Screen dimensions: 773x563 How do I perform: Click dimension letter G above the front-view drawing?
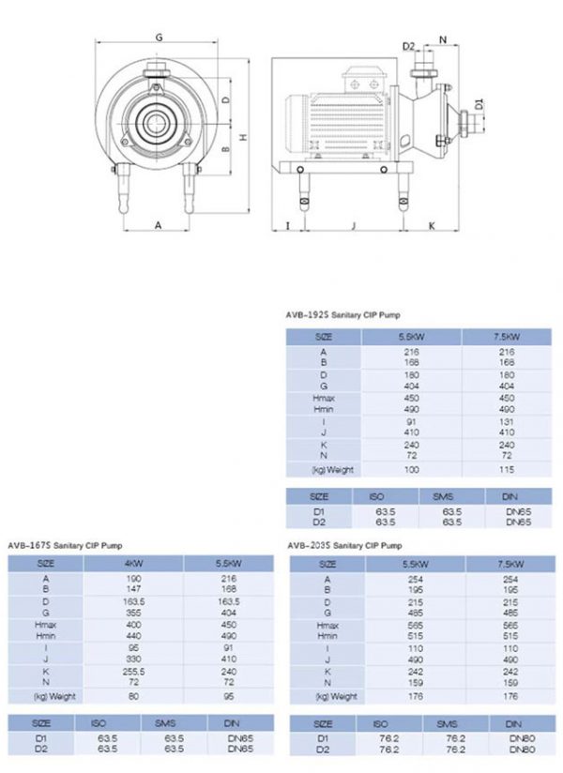point(159,38)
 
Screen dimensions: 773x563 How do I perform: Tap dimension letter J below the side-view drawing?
point(353,226)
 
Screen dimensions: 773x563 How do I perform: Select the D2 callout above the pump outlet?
point(408,46)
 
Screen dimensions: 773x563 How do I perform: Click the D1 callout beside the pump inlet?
point(479,104)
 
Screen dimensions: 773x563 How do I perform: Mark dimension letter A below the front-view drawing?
point(158,225)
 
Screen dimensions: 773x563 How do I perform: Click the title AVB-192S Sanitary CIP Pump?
point(343,316)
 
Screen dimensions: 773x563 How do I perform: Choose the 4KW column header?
point(132,564)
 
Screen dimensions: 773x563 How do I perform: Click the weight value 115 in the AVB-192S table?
point(507,469)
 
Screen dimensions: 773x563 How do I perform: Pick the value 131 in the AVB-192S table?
point(507,421)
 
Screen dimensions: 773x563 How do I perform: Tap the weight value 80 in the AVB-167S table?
point(132,696)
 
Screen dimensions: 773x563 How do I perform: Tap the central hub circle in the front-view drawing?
point(153,120)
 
